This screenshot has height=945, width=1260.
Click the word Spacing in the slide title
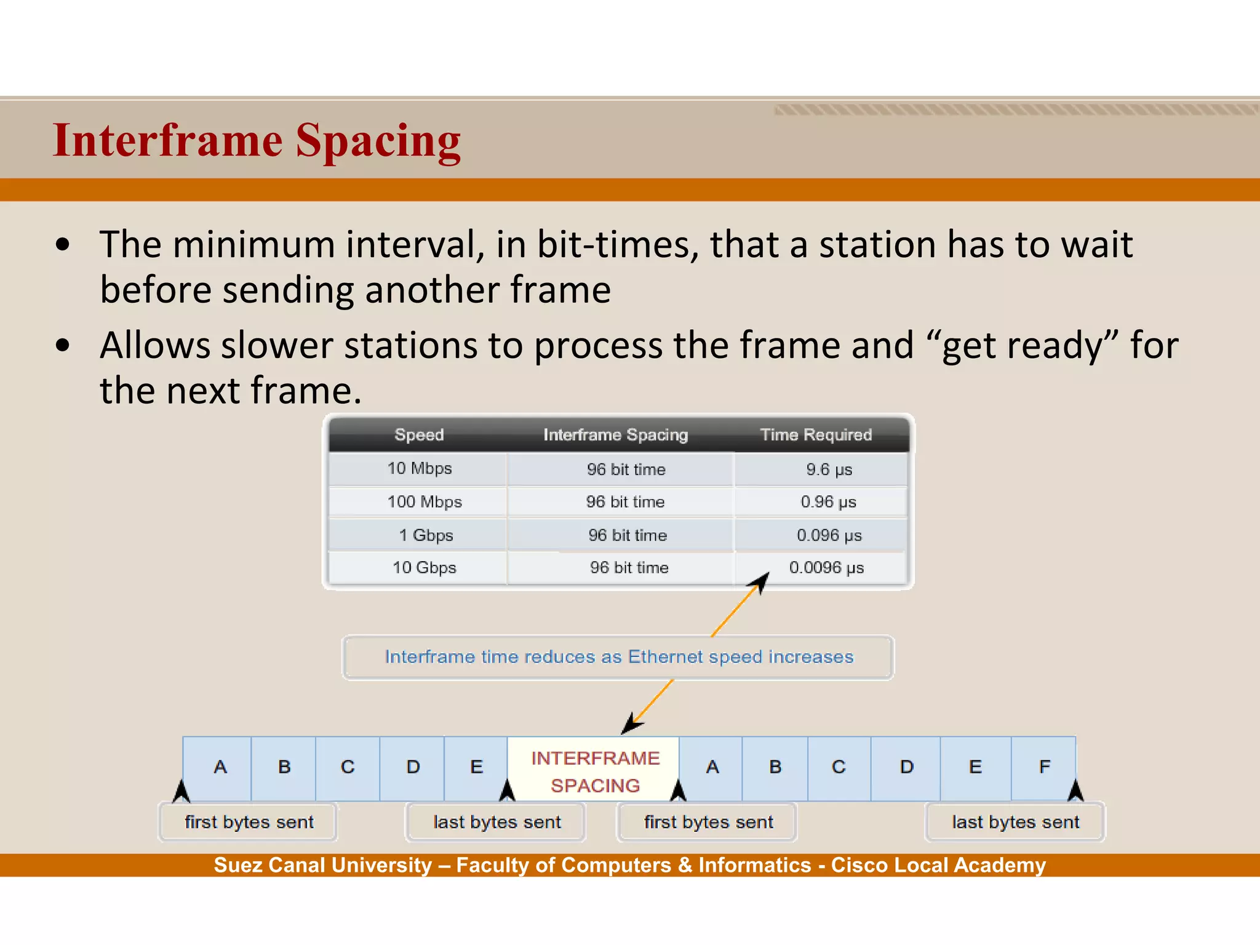coord(378,142)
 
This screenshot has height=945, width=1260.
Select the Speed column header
coord(419,435)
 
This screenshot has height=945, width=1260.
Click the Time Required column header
coord(816,435)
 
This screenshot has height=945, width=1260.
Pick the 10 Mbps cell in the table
coord(420,469)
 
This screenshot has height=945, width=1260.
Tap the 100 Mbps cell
coord(425,502)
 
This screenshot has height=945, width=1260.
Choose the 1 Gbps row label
coord(426,535)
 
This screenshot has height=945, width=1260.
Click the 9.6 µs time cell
coord(829,470)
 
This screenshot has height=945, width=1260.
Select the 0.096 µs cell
coord(829,535)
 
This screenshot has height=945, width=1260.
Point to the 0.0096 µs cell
coord(826,568)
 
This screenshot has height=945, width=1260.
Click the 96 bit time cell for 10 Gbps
coord(629,568)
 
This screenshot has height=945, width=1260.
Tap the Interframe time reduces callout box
coord(618,657)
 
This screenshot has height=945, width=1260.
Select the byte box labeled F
coord(1044,767)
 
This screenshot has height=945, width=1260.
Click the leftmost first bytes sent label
coord(249,823)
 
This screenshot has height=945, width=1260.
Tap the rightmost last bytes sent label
coord(1015,823)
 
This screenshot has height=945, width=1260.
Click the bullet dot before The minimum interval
coord(63,245)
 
